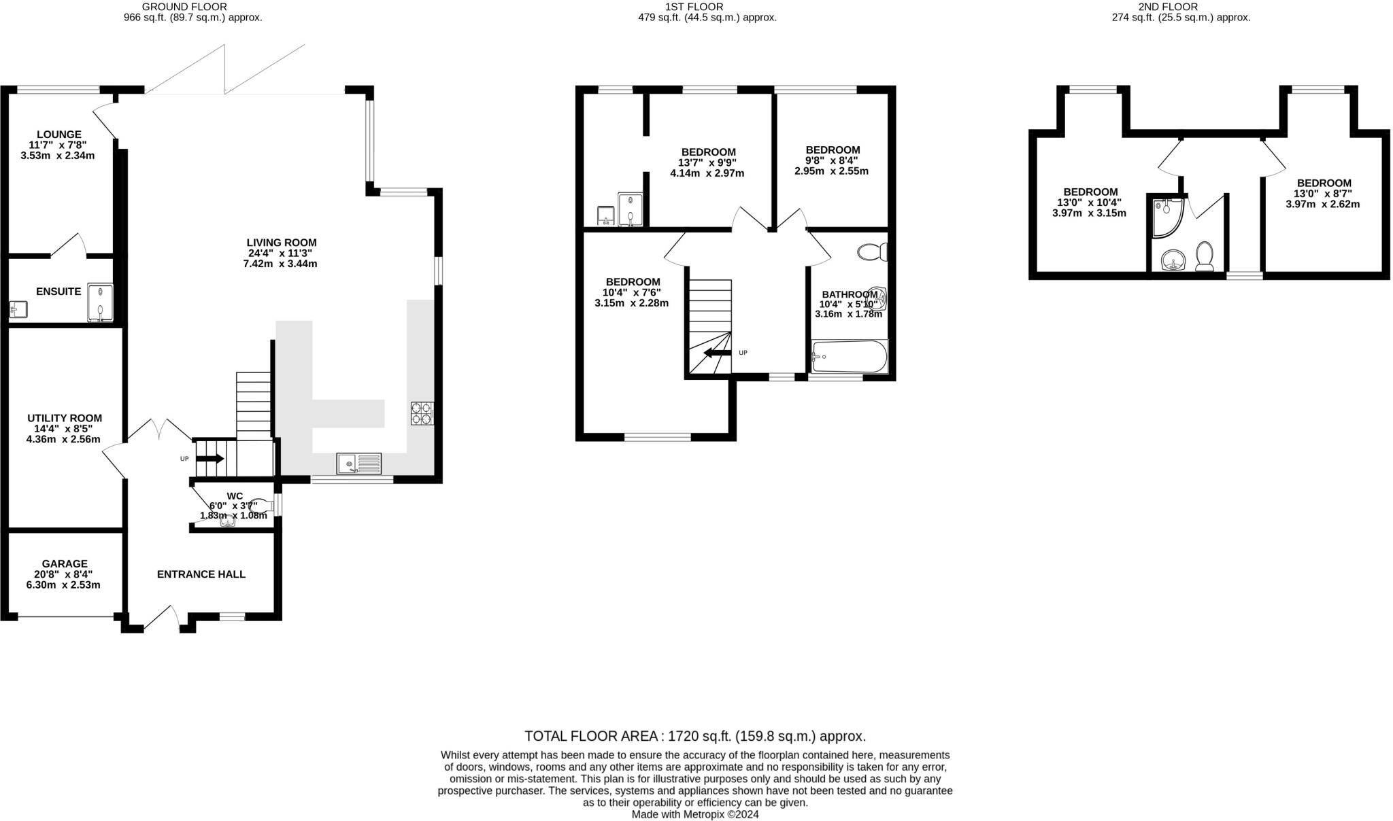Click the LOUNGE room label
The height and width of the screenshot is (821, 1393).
59,135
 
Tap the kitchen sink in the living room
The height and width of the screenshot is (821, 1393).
358,464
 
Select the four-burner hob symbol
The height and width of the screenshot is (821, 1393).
422,413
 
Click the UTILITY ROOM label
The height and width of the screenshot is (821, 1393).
65,418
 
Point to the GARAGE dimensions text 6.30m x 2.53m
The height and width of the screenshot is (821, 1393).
65,585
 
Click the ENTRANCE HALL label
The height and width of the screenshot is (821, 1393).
201,574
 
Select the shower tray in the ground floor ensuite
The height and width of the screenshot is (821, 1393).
100,302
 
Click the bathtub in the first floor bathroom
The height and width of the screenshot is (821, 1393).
850,357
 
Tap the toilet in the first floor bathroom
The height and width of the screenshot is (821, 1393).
872,252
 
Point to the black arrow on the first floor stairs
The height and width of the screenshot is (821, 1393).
717,353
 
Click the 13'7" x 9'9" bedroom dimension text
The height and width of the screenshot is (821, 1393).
707,162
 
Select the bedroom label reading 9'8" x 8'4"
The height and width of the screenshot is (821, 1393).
833,150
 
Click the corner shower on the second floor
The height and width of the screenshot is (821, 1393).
1167,217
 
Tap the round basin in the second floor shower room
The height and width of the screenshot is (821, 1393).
1173,260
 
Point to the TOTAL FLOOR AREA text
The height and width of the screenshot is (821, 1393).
694,736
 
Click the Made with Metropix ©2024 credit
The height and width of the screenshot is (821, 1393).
694,814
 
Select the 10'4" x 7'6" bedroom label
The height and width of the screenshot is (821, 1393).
633,282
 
